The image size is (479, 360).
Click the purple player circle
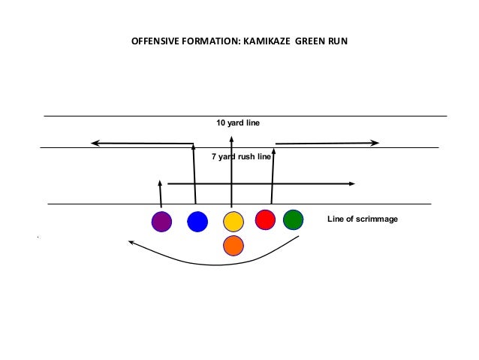point(161,222)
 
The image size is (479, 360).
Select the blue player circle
point(197,222)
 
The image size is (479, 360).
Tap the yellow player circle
point(233,222)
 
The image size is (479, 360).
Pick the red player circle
point(265,219)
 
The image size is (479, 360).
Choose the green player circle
point(293,219)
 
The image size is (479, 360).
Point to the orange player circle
point(233,244)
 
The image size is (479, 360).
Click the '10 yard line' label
point(237,123)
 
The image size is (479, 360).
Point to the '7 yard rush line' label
point(240,157)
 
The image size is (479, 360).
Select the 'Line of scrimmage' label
point(363,219)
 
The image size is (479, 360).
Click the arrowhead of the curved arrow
point(131,242)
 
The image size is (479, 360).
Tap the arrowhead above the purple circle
point(160,183)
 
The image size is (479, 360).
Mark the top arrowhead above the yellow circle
point(231,138)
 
